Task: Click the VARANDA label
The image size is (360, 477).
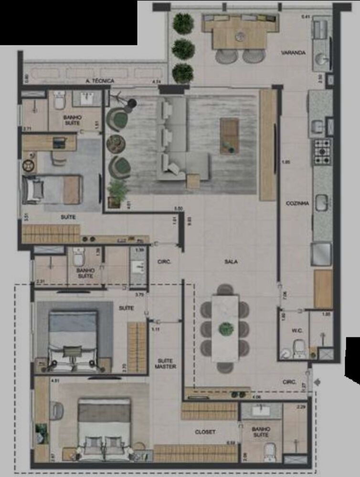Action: coord(293,53)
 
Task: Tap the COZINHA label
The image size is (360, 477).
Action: coord(297,203)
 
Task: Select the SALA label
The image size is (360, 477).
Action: coord(232,262)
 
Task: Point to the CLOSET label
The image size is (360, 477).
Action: coord(205,432)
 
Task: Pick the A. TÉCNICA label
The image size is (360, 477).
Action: coord(100,81)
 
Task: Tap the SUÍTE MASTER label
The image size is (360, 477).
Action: coord(165,363)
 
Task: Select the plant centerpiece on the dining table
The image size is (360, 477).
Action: coord(225,329)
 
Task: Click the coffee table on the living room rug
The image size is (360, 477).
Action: coord(229,136)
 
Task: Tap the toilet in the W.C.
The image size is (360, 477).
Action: coord(299,348)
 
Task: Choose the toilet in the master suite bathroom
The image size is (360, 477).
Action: coord(270,450)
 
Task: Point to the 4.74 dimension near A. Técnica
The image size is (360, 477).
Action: coord(156,82)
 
